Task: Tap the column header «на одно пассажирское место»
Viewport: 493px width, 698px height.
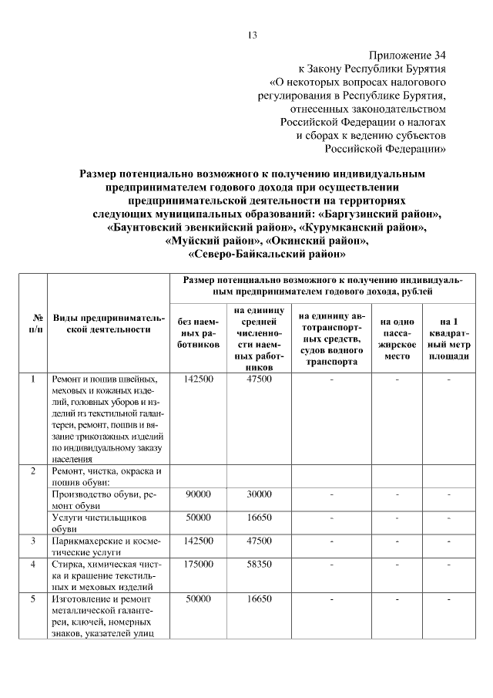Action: [397, 333]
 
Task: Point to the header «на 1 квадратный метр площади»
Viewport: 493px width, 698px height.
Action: [448, 333]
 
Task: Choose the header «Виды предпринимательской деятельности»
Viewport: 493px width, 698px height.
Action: [109, 323]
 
